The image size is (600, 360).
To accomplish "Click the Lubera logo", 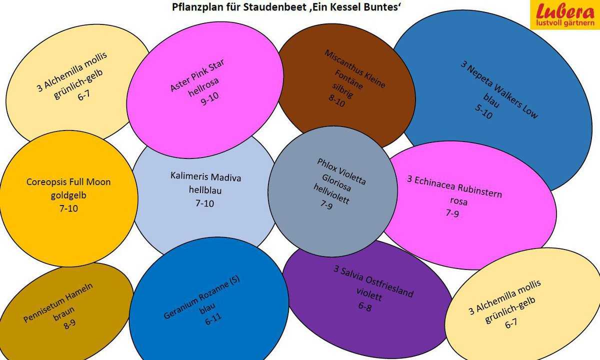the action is point(565,14).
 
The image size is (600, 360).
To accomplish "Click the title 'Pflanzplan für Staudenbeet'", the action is point(239,7).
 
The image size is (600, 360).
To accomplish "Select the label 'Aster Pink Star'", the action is point(197,75).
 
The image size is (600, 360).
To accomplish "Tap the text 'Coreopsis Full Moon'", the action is point(68,182).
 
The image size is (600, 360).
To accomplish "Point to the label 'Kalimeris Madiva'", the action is point(205,177).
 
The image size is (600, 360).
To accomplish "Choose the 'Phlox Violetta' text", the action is point(341,171).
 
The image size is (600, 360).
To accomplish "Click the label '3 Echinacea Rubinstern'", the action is point(454,186).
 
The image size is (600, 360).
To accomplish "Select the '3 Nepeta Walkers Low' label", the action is point(499,89).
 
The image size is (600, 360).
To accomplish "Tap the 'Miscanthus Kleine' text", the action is point(355,69).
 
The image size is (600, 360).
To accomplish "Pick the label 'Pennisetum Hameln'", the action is point(58,302).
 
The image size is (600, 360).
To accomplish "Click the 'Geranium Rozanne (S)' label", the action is point(201,297).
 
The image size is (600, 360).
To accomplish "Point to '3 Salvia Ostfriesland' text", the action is point(373,281).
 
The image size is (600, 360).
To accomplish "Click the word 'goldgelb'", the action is point(68,195).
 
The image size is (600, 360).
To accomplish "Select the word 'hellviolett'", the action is point(331,193).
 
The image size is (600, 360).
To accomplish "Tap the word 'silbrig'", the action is point(343,90).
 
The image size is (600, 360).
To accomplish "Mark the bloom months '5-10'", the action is point(484,111).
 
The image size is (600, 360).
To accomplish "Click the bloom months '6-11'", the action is point(213,319).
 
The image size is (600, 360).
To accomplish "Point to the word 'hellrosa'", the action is point(203,87).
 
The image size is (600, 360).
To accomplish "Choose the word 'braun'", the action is point(64,313).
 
